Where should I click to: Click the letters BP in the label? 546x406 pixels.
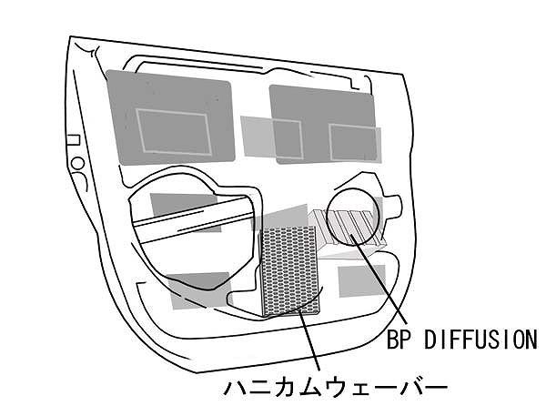[397, 340]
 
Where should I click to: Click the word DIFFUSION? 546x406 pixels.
[480, 340]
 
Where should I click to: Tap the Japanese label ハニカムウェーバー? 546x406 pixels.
[335, 387]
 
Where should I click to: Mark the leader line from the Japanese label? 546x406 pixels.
[308, 340]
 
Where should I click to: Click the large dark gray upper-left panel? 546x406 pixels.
[170, 117]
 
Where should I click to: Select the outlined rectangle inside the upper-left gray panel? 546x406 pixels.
[174, 132]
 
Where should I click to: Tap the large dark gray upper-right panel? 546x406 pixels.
[323, 125]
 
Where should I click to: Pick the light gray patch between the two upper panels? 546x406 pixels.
[257, 137]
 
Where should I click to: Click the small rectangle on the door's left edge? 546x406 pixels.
[73, 140]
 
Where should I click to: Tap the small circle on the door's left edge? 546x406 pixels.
[78, 163]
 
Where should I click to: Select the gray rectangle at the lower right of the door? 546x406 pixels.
[362, 280]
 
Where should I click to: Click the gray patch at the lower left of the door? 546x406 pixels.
[198, 290]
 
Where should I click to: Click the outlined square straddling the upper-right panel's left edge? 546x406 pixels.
[288, 138]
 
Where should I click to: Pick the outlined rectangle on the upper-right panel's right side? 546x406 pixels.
[353, 143]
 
